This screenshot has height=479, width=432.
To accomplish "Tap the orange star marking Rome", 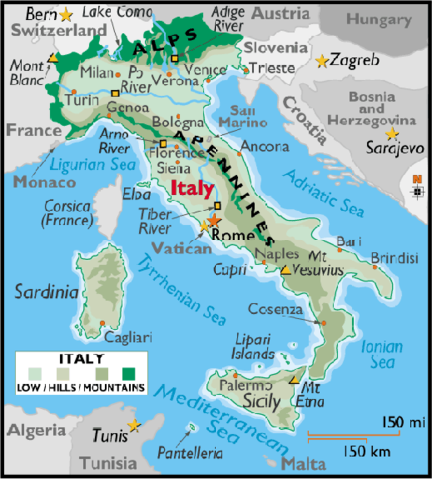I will pyautogui.click(x=213, y=221).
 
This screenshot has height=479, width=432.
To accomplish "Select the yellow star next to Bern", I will pyautogui.click(x=66, y=14).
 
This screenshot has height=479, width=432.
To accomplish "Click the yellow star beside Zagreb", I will pyautogui.click(x=321, y=61).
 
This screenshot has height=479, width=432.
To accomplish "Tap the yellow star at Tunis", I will pyautogui.click(x=134, y=426).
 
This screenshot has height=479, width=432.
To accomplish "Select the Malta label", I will pyautogui.click(x=304, y=464).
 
